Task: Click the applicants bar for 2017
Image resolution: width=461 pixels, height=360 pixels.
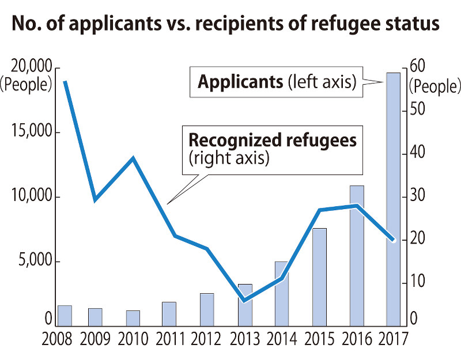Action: pyautogui.click(x=393, y=199)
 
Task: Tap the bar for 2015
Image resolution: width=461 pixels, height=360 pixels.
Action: pyautogui.click(x=319, y=276)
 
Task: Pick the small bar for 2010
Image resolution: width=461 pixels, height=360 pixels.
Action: pyautogui.click(x=133, y=317)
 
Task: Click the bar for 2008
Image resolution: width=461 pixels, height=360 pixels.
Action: pyautogui.click(x=65, y=315)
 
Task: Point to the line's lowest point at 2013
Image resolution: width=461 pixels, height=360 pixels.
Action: pyautogui.click(x=244, y=301)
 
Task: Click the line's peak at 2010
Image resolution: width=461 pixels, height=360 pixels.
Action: pyautogui.click(x=133, y=158)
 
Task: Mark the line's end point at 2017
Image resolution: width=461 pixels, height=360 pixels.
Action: pyautogui.click(x=392, y=240)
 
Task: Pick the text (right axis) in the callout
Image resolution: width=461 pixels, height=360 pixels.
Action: pyautogui.click(x=229, y=158)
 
